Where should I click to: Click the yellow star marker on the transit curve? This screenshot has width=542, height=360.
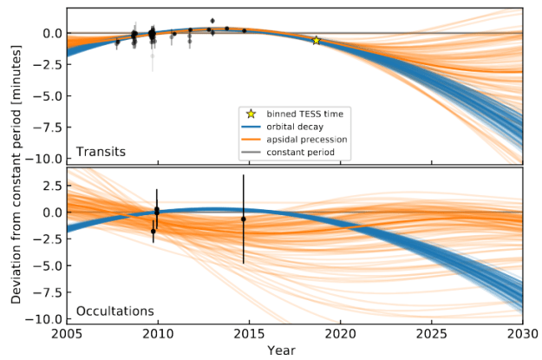[317, 41]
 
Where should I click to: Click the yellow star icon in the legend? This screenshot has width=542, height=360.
[251, 113]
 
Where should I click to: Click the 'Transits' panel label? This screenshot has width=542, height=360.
[101, 152]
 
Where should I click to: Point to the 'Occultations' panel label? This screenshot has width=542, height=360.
[114, 310]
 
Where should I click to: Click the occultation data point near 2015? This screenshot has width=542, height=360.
[244, 219]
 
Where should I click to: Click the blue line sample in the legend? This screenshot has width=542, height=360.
[251, 126]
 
